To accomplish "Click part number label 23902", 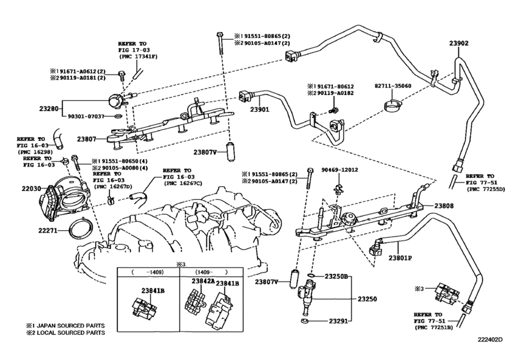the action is coord(459,43).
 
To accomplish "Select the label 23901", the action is coord(260,109).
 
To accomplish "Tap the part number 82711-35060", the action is coord(393,85).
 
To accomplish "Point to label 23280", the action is coord(49,109).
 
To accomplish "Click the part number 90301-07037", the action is coord(86,116).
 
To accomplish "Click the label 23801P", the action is coord(400,258).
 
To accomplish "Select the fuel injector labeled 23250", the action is coord(307,298).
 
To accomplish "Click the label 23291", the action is coord(339,321).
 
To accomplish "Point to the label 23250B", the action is coord(336,276).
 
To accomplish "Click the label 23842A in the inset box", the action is coord(203,281).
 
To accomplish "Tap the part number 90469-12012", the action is coord(340,170).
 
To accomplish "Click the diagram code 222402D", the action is coord(490,339).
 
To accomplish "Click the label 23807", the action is coord(87,139).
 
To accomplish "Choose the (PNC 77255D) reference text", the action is coord(486,189).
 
